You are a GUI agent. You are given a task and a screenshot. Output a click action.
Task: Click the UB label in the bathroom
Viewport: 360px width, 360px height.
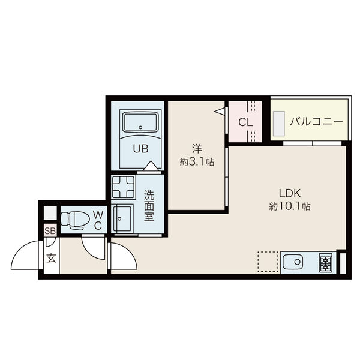[x=141, y=149]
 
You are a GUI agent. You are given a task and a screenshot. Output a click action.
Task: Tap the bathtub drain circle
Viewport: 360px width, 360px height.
[x=140, y=127]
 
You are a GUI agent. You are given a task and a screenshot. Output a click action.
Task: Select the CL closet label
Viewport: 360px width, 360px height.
[x=245, y=122]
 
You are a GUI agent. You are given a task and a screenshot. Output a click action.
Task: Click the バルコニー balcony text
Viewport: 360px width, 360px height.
[x=317, y=121]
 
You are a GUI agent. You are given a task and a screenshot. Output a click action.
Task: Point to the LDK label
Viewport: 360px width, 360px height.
[x=290, y=193]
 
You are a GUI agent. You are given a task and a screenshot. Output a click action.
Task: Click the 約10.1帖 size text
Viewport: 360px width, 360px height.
[x=290, y=206]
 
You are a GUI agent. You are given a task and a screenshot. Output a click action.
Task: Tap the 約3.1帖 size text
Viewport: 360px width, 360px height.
[x=197, y=162]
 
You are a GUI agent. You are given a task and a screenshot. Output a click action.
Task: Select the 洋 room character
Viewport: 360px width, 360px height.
[x=197, y=149]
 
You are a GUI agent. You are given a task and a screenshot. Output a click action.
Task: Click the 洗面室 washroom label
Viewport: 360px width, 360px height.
[x=149, y=206]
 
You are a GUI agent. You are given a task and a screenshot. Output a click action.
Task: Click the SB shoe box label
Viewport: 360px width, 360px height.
[x=50, y=231]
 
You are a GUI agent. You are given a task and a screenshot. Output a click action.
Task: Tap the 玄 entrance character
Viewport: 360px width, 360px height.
[x=51, y=259]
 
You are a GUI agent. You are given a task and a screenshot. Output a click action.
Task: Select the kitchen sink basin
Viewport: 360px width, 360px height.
[x=293, y=262]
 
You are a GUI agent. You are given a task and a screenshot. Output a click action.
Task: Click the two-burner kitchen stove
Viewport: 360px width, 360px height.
[x=326, y=262]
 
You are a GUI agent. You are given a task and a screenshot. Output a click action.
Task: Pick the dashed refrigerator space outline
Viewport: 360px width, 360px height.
[x=268, y=262]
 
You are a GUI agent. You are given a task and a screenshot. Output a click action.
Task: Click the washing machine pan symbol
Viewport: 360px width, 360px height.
[x=123, y=187]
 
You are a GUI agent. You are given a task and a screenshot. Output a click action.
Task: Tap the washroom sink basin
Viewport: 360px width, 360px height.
[x=122, y=218]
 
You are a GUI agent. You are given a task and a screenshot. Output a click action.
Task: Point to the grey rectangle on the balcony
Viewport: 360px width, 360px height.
[x=279, y=124]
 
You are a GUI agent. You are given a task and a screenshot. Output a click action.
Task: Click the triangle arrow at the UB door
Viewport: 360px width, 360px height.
[x=151, y=166]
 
